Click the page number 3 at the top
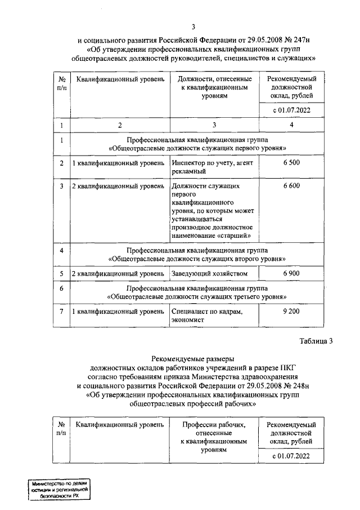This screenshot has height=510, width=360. pos(193,26)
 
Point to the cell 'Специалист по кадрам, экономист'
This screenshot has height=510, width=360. pos(208,316)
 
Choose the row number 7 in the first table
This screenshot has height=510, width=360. pos(61,312)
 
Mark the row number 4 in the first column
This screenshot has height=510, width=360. pos(61,250)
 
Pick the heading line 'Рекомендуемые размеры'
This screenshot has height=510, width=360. pos(193,359)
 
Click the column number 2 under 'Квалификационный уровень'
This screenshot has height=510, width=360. pos(119,124)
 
